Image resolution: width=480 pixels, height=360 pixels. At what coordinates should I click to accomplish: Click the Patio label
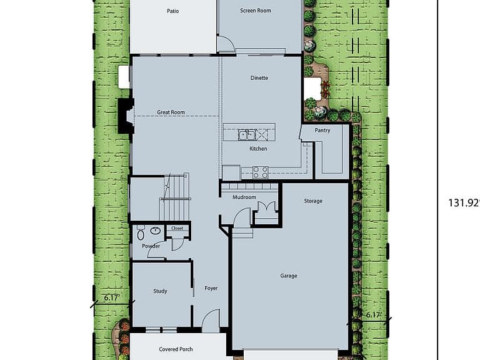pyautogui.click(x=172, y=11)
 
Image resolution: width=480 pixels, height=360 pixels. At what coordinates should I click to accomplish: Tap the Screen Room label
pyautogui.click(x=255, y=11)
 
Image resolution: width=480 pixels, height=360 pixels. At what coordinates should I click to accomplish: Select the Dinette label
pyautogui.click(x=259, y=77)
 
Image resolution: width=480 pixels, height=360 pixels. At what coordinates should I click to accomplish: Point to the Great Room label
pyautogui.click(x=171, y=112)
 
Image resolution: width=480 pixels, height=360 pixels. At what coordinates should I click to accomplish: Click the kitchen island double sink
pyautogui.click(x=247, y=134)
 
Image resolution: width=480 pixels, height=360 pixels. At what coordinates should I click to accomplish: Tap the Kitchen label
pyautogui.click(x=258, y=149)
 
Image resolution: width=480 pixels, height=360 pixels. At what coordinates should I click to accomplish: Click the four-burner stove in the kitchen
pyautogui.click(x=260, y=172)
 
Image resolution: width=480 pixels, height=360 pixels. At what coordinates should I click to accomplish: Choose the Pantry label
pyautogui.click(x=322, y=131)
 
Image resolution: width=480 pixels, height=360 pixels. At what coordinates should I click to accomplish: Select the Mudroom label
pyautogui.click(x=244, y=197)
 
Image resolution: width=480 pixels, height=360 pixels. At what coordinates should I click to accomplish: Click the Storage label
pyautogui.click(x=313, y=201)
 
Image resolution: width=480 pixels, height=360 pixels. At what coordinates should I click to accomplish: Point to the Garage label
pyautogui.click(x=289, y=276)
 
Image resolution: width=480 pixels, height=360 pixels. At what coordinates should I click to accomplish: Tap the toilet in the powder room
pyautogui.click(x=141, y=232)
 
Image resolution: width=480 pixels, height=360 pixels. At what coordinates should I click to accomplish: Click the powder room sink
pyautogui.click(x=156, y=230)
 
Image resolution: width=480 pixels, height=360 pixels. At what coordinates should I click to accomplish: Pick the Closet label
pyautogui.click(x=177, y=228)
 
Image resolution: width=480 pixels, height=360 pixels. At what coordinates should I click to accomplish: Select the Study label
pyautogui.click(x=160, y=291)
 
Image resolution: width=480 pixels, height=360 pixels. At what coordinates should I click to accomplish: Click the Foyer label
pyautogui.click(x=211, y=288)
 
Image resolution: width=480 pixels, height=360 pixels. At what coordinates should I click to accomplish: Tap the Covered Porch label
pyautogui.click(x=176, y=349)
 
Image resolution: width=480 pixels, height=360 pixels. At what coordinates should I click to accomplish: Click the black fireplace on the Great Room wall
pyautogui.click(x=126, y=116)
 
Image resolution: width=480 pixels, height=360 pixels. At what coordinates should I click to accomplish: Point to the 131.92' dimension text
pyautogui.click(x=464, y=203)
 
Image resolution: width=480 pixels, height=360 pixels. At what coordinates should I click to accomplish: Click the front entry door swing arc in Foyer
pyautogui.click(x=209, y=314)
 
